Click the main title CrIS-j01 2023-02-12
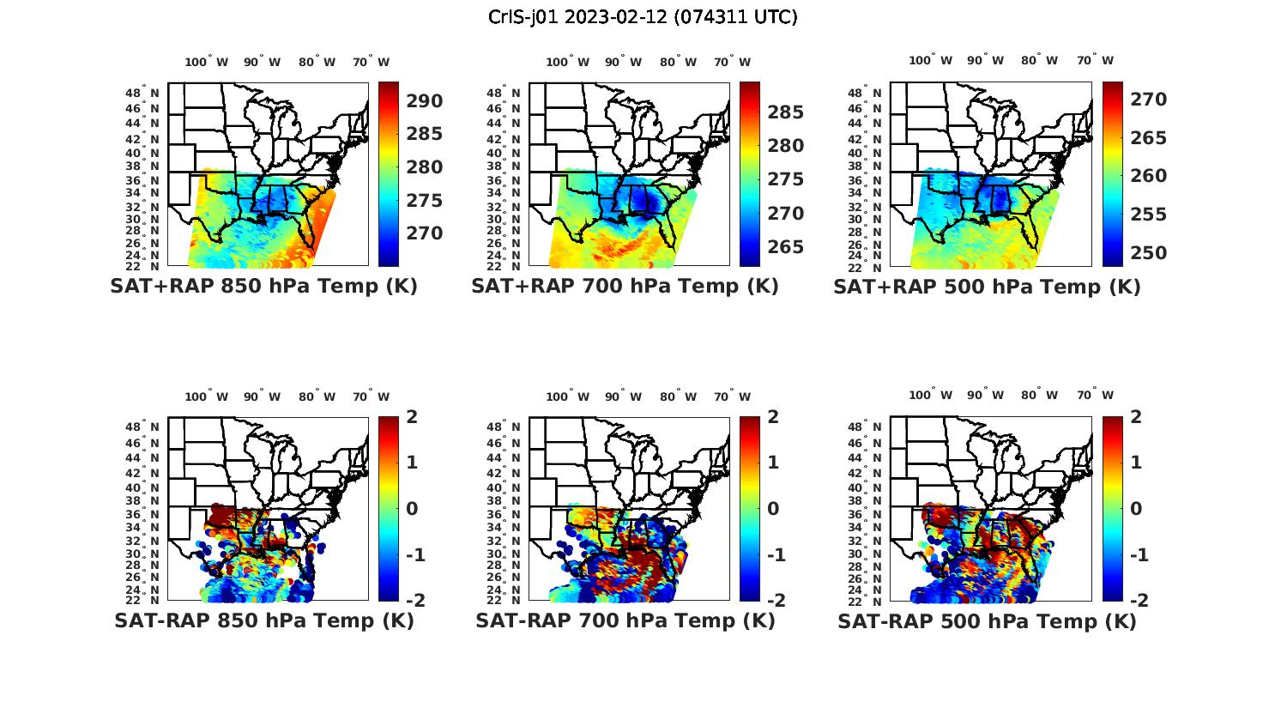point(643,16)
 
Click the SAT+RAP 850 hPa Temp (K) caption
point(263,286)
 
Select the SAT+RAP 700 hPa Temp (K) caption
point(625,286)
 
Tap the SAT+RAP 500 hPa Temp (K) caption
point(987,286)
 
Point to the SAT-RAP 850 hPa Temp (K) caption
point(263,620)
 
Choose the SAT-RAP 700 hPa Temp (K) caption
point(625,620)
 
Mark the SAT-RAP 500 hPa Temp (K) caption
point(987,620)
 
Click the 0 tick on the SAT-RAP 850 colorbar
point(412,509)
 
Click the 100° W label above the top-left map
point(207,62)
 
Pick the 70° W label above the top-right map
point(1095,60)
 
